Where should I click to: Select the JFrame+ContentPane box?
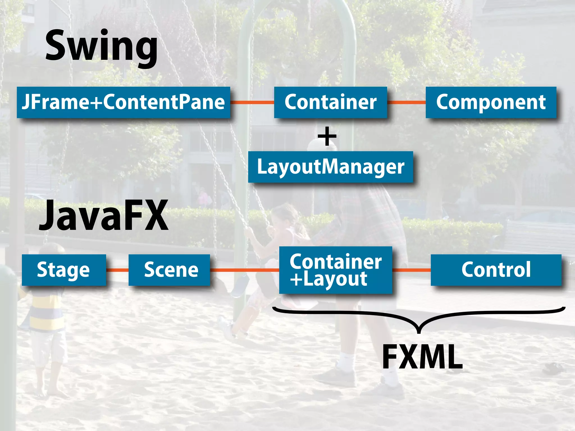pos(124,102)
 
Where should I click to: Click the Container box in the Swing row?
pos(330,102)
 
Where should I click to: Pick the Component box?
pos(491,102)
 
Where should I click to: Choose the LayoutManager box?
pos(330,167)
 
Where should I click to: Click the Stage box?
pos(64,270)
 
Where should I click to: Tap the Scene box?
pos(169,270)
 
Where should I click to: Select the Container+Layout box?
pos(336,270)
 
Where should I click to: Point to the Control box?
pos(496,270)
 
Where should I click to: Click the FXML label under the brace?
pos(423,357)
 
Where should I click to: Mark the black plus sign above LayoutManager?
pos(327,137)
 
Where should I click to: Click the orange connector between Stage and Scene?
pos(117,270)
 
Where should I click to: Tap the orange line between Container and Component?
pos(406,102)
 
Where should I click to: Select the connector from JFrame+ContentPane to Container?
pos(252,102)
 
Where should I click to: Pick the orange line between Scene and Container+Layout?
pos(244,270)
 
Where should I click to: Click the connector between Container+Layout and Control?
pos(411,270)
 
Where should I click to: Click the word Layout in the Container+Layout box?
pos(336,279)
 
